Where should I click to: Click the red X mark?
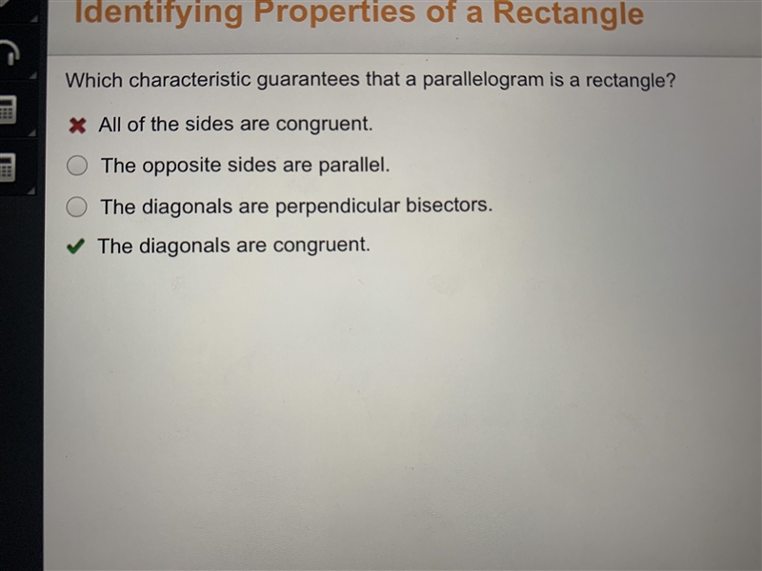(x=77, y=126)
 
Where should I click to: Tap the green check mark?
(x=75, y=246)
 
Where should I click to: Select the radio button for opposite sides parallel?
(x=77, y=165)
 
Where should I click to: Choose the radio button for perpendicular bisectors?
(x=76, y=207)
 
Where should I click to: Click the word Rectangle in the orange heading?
(x=568, y=13)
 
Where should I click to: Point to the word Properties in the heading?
(x=334, y=13)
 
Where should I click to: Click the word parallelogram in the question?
(x=483, y=80)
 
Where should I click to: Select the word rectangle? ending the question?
(x=631, y=80)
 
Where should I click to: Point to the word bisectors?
(x=449, y=205)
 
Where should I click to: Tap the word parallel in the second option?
(x=353, y=165)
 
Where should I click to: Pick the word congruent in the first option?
(x=324, y=125)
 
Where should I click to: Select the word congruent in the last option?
(x=321, y=246)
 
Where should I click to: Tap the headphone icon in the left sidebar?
(x=9, y=51)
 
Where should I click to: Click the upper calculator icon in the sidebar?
(x=8, y=109)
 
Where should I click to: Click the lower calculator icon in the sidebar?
(x=8, y=167)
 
